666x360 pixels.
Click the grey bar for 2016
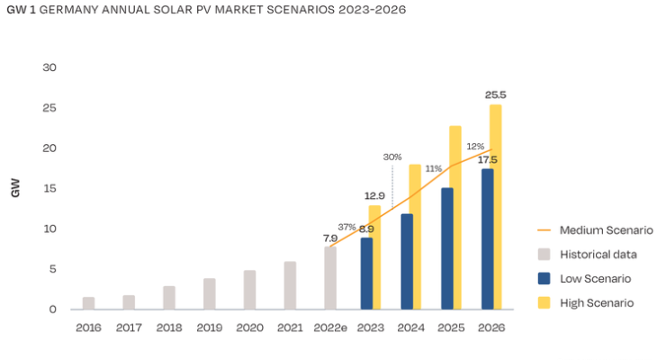[89, 303]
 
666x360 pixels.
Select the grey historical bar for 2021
[290, 285]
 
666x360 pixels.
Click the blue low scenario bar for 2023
[366, 274]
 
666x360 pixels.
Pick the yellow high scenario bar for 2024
[415, 237]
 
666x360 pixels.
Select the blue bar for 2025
[447, 248]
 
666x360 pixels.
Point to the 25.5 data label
[495, 94]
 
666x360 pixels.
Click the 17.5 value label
[488, 160]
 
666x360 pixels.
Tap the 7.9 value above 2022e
[330, 238]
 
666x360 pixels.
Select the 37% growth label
[346, 227]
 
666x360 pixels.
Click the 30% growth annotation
[392, 157]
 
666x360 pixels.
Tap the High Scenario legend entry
[596, 303]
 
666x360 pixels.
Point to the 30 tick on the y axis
[49, 68]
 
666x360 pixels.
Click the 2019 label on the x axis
[209, 328]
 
